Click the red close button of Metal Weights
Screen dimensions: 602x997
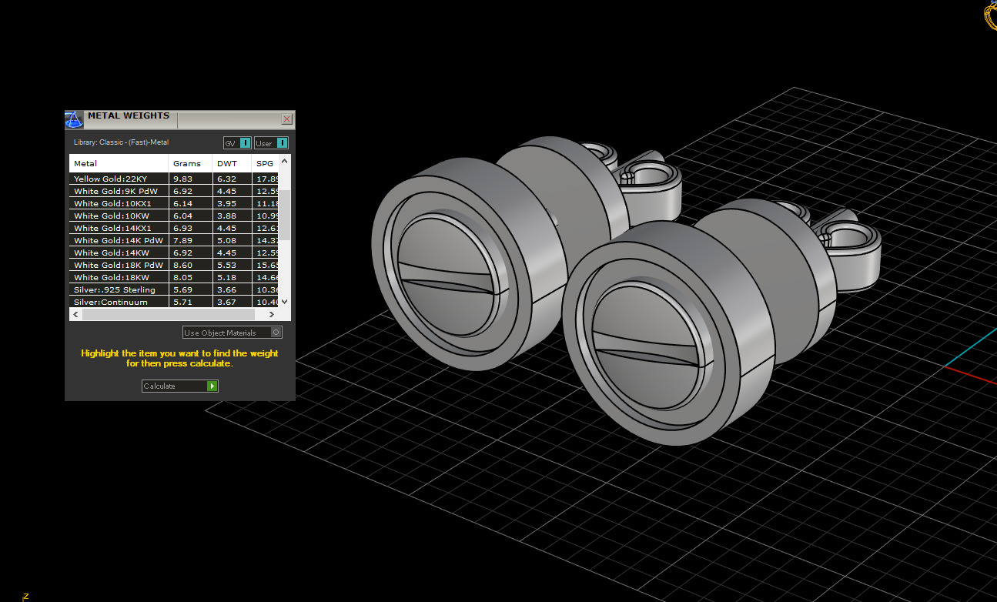pos(287,119)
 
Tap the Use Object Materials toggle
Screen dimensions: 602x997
pos(233,333)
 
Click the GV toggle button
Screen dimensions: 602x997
pos(237,143)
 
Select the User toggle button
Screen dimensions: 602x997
pos(271,143)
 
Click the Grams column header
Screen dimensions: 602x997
pos(187,163)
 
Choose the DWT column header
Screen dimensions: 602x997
pos(228,163)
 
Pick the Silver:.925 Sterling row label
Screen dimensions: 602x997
pos(115,289)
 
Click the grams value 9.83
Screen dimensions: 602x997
pos(182,179)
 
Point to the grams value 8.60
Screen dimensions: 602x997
pos(182,265)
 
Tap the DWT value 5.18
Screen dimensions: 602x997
pos(226,277)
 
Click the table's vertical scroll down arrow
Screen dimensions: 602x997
pos(285,302)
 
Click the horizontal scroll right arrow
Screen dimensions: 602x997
pos(271,315)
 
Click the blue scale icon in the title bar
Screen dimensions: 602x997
pos(74,119)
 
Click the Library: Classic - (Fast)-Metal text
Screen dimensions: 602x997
pos(121,142)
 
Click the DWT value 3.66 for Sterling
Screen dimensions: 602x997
pos(226,289)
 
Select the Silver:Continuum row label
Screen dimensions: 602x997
pos(111,302)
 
